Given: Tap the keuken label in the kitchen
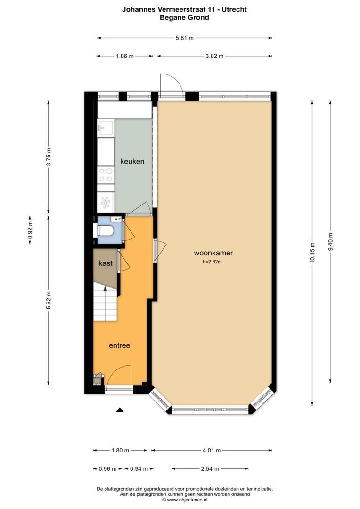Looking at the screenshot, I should [132, 161].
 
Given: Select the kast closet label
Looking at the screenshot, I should [106, 263].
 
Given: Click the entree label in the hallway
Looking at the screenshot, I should [119, 345].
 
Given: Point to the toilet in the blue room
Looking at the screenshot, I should [105, 231].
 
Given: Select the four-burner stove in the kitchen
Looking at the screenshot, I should [106, 175].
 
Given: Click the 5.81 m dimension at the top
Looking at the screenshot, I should [184, 38].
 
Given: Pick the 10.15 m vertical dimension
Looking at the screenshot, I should [312, 252].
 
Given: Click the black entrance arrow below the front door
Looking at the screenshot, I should [120, 410].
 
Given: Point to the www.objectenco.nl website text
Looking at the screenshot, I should [184, 500].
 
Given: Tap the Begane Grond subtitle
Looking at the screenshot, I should [184, 17].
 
